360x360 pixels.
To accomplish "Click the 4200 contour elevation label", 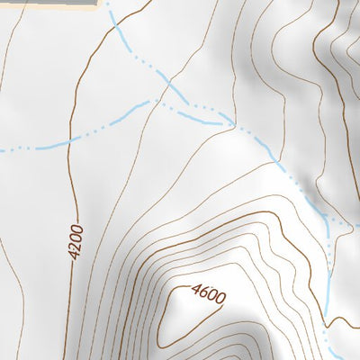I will click(77, 242).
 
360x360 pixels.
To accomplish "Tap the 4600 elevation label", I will click(208, 293).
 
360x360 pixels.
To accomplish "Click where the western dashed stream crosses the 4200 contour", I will click(75, 139).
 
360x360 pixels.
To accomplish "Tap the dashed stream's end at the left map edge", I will click(2, 149).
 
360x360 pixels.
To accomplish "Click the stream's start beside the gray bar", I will click(107, 5).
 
